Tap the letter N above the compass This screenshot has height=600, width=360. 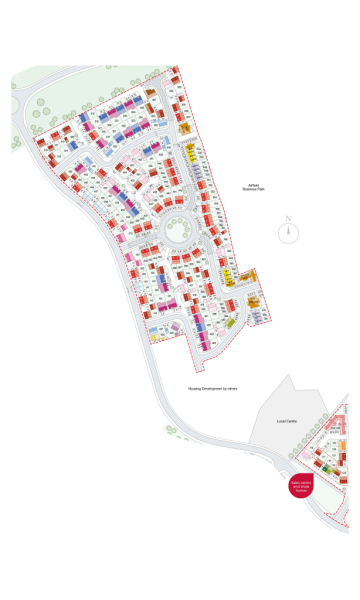pyautogui.click(x=288, y=219)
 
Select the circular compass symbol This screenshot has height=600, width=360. pyautogui.click(x=288, y=234)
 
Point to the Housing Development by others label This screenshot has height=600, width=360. pyautogui.click(x=212, y=388)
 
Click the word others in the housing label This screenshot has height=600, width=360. pyautogui.click(x=231, y=388)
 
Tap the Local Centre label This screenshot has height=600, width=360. pyautogui.click(x=287, y=421)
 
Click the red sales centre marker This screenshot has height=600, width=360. pyautogui.click(x=302, y=487)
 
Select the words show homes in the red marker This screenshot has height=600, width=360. pyautogui.click(x=302, y=490)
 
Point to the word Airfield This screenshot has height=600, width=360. pyautogui.click(x=256, y=184)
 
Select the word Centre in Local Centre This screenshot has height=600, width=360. pyautogui.click(x=292, y=421)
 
